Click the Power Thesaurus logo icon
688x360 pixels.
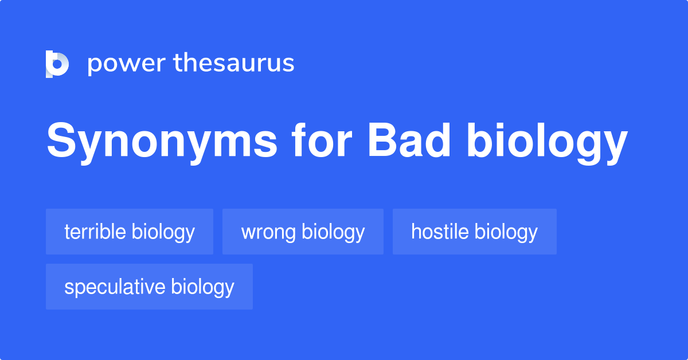(57, 64)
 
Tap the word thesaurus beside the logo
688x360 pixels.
(234, 64)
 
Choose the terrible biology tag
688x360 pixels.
(130, 232)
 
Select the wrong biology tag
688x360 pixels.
(303, 232)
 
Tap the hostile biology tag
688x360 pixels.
(474, 232)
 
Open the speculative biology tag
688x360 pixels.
(149, 287)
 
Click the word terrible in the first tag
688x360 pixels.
(95, 232)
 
